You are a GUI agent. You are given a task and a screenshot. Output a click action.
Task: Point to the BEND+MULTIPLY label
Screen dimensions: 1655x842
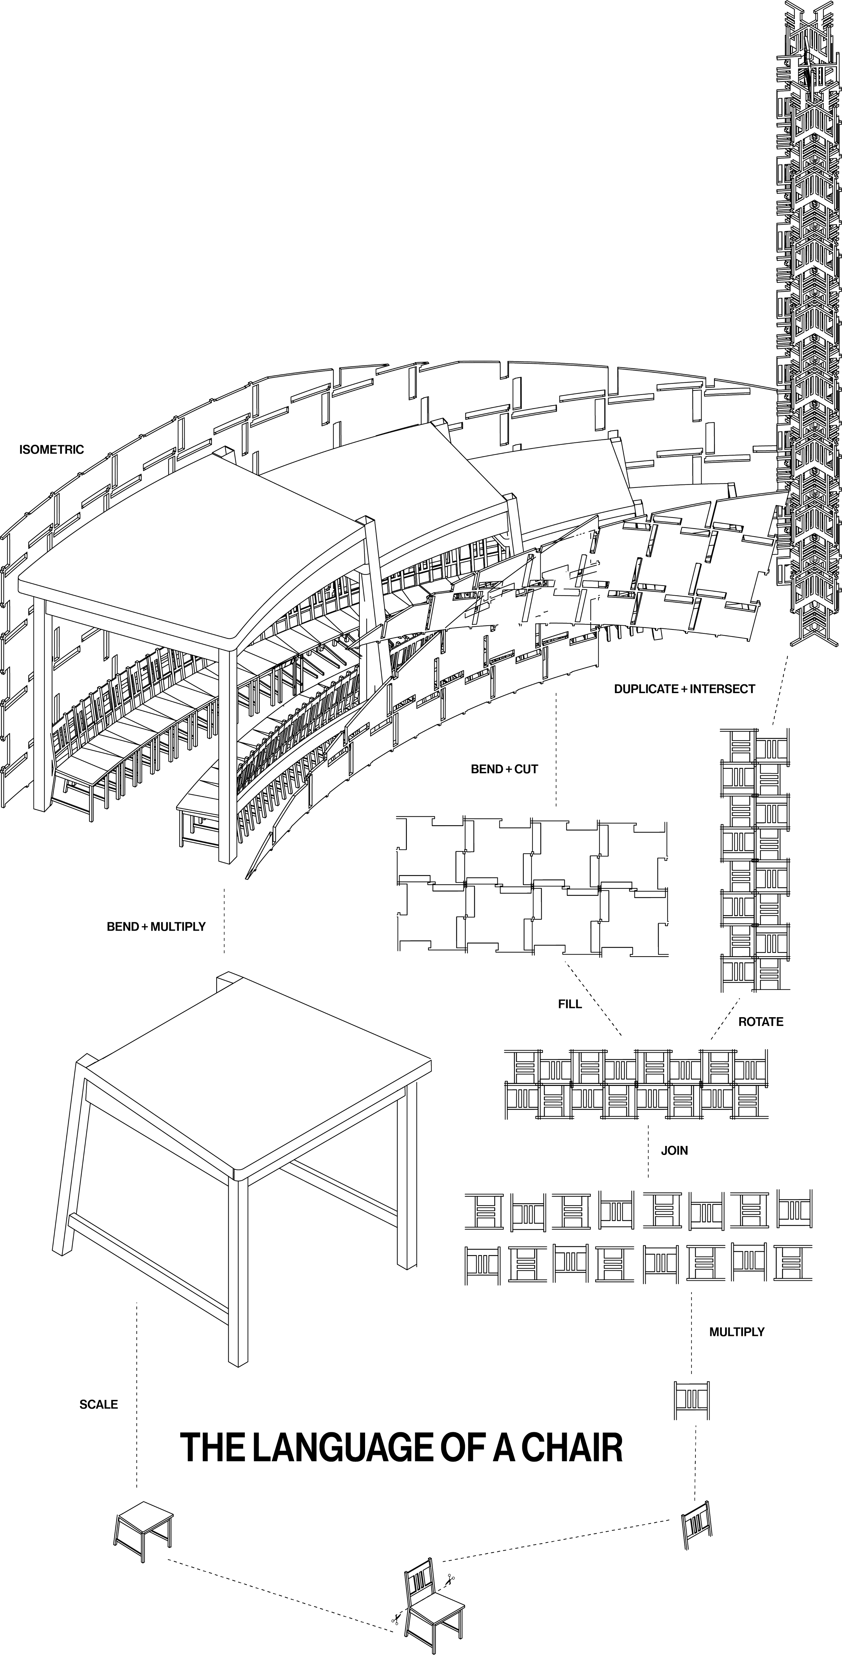point(156,927)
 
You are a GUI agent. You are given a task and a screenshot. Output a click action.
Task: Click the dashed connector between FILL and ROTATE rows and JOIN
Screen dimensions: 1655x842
point(647,1150)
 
